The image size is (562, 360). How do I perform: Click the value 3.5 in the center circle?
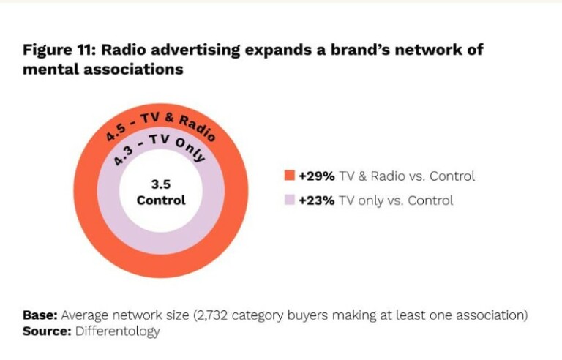click(x=161, y=185)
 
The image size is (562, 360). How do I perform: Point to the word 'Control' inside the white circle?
click(x=161, y=200)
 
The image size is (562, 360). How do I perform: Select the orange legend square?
click(x=289, y=176)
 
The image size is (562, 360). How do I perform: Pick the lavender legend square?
click(x=289, y=200)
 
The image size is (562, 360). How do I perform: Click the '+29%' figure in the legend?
click(x=317, y=176)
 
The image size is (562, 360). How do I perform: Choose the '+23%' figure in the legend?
click(x=317, y=200)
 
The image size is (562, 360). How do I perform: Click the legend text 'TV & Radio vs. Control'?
click(x=407, y=176)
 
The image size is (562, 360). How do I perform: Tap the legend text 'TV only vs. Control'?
click(x=396, y=200)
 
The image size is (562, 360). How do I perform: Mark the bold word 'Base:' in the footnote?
click(x=40, y=315)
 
